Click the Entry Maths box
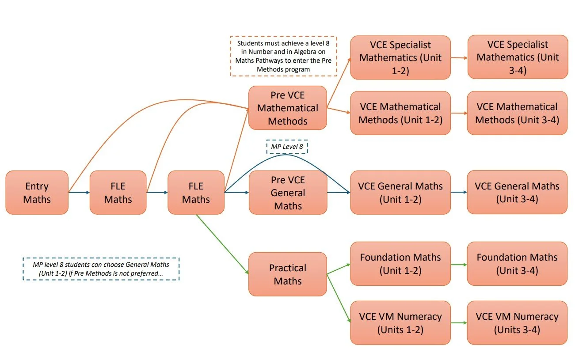37,193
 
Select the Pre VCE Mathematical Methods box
287,108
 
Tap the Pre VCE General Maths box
287,193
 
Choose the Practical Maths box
287,274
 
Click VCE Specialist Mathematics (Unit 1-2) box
400,57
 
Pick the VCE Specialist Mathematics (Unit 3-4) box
517,57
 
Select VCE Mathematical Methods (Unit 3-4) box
517,113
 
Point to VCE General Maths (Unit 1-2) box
400,193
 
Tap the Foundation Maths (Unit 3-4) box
517,264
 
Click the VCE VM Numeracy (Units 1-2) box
400,323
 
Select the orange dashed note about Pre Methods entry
283,56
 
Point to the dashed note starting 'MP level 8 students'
101,269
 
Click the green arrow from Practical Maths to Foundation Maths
339,269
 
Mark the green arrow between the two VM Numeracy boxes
459,323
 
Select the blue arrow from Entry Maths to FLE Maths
79,193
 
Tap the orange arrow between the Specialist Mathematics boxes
459,57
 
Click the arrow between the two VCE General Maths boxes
459,192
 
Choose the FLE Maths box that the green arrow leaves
196,193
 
